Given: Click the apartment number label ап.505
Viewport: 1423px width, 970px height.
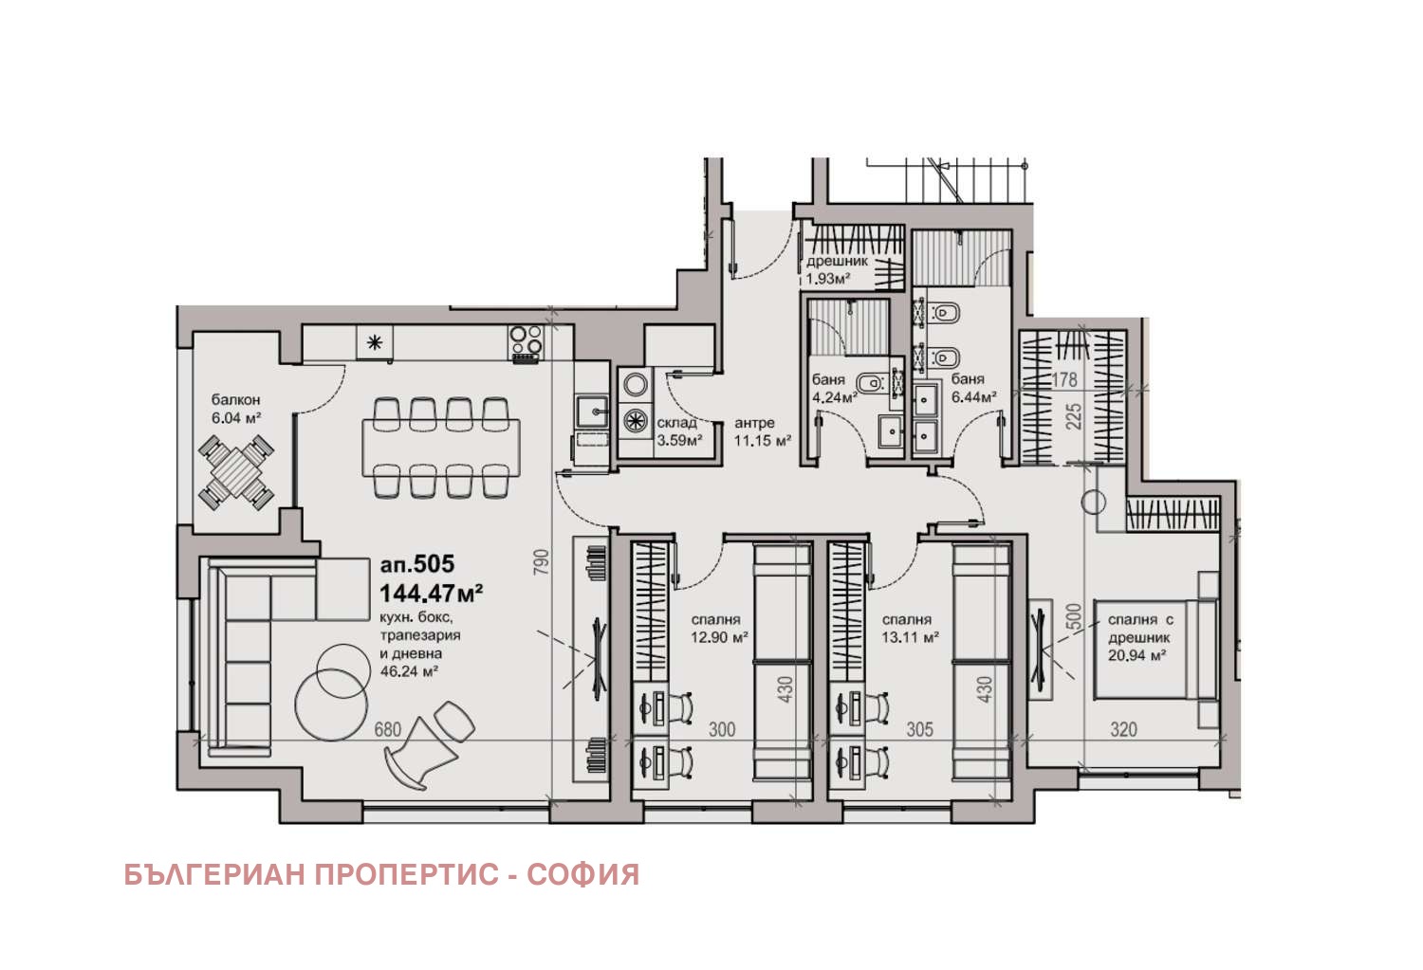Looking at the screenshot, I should [x=416, y=564].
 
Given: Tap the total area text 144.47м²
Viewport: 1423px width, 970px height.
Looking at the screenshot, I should [x=431, y=594].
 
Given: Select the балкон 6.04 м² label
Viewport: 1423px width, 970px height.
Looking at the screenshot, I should [x=235, y=409].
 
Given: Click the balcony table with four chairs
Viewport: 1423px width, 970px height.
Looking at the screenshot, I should [x=236, y=471].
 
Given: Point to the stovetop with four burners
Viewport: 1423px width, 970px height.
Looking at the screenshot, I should [x=526, y=343].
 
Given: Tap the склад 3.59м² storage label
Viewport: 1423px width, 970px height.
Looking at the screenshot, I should [x=678, y=431].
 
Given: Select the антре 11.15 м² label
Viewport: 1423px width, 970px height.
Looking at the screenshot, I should [x=761, y=432].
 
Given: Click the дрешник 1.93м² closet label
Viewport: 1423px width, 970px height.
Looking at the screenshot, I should [x=836, y=269].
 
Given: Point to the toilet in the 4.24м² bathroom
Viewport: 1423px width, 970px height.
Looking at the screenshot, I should [x=873, y=383].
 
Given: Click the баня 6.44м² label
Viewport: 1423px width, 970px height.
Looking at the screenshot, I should [x=973, y=388].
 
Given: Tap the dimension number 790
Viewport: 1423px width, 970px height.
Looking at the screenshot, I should [x=540, y=563].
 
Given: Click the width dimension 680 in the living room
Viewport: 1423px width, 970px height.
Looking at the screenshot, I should [x=388, y=729].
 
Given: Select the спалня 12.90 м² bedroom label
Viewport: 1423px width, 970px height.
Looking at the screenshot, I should [x=718, y=629].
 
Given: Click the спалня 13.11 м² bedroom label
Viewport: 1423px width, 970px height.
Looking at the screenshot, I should [x=909, y=629].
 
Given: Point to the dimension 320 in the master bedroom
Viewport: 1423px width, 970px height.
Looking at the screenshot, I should [x=1123, y=729].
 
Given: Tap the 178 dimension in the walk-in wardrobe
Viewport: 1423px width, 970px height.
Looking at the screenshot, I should [x=1064, y=379].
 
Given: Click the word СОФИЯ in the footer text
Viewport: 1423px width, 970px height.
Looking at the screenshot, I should [x=582, y=874].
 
